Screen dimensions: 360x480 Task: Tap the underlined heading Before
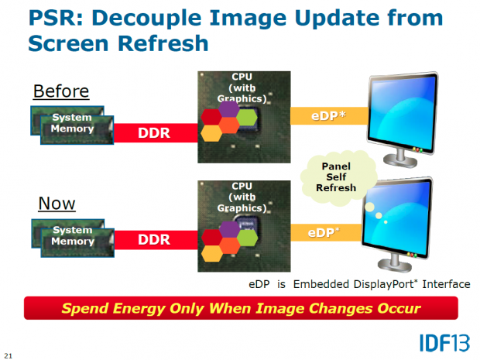[x=60, y=91]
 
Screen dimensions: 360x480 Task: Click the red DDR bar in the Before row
[x=153, y=132]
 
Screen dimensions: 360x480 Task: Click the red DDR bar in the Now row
[x=153, y=241]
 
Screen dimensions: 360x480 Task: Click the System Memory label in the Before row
[x=72, y=124]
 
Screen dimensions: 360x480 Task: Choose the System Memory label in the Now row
[x=72, y=236]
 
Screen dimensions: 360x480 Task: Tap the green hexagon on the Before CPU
[x=246, y=117]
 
